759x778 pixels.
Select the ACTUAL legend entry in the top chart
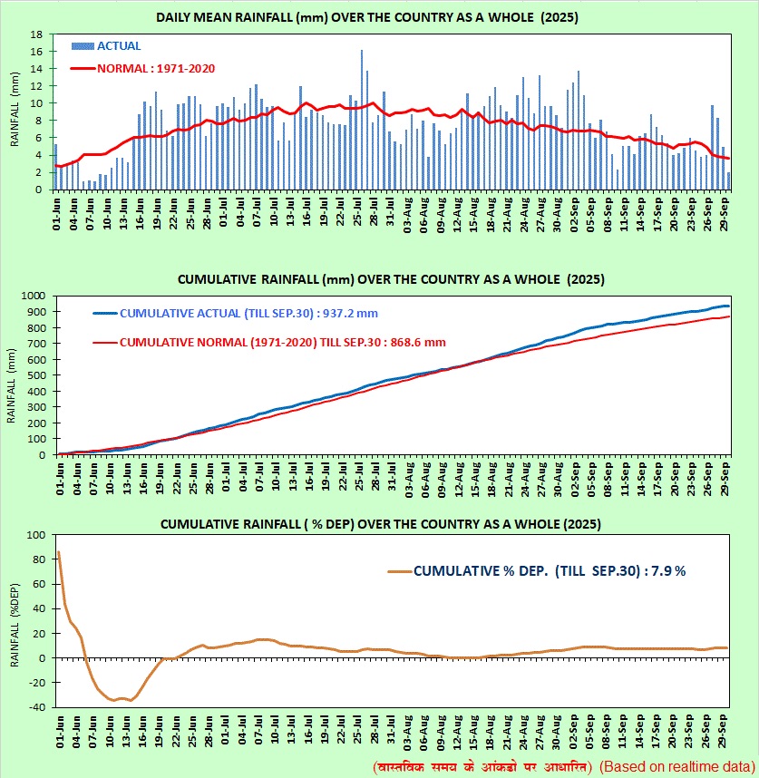[x=119, y=45]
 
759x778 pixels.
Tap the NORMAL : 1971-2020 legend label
[x=155, y=67]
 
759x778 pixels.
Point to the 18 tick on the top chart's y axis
[x=39, y=34]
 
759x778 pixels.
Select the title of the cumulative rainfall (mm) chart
[x=378, y=278]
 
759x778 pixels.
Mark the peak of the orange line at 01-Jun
[x=59, y=552]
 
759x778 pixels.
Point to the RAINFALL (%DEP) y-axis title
[x=15, y=626]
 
